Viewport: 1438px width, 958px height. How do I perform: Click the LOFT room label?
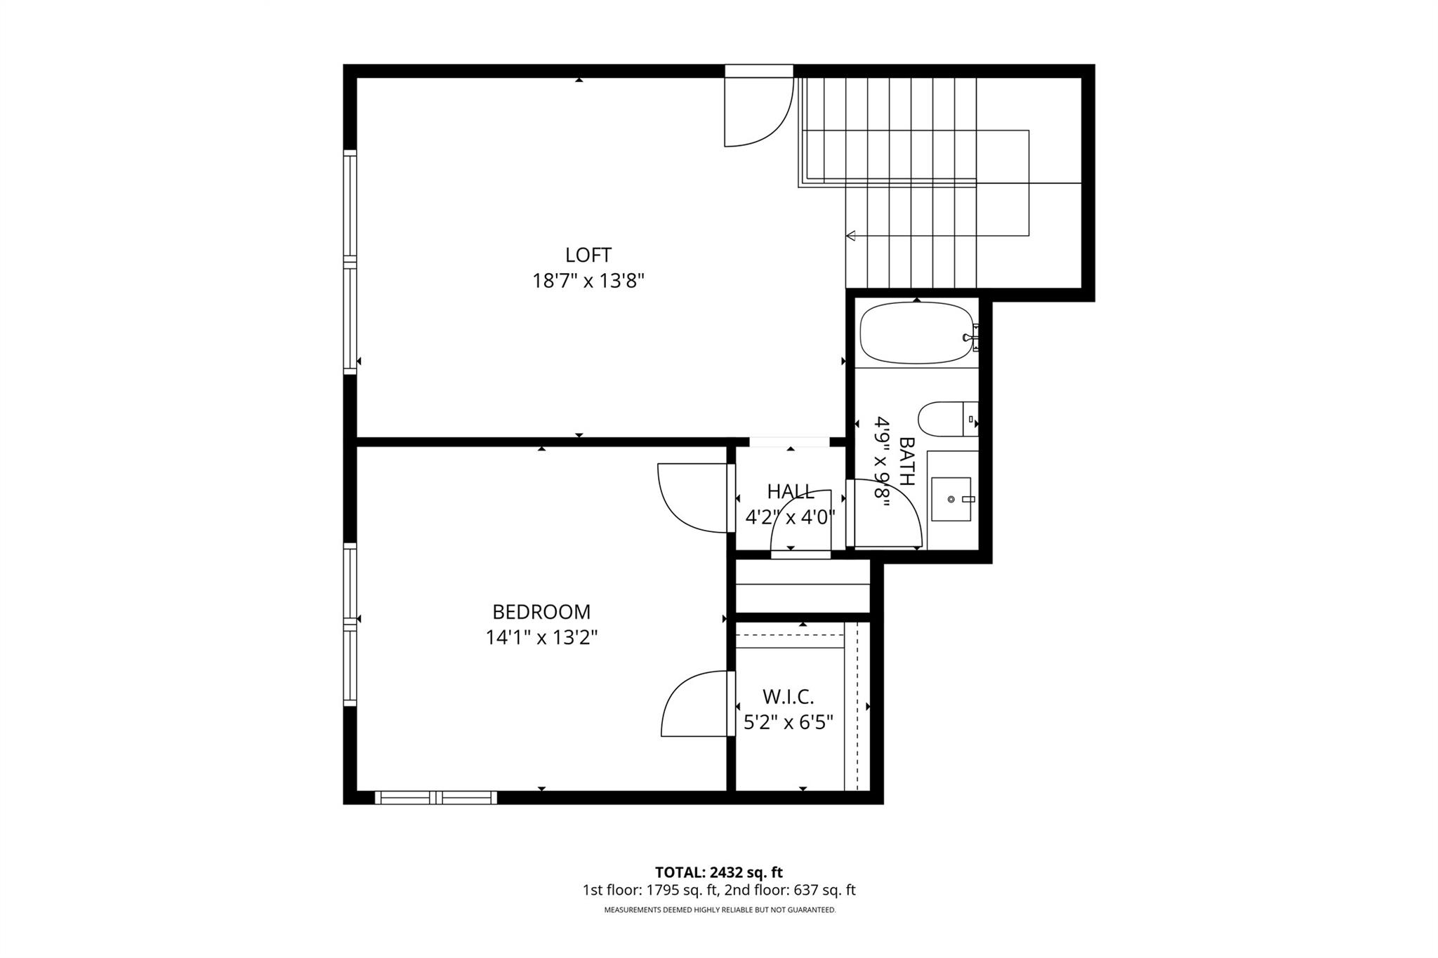click(x=588, y=255)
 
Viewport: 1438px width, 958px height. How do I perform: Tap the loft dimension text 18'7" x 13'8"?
click(x=588, y=281)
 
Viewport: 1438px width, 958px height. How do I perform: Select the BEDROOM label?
click(x=541, y=612)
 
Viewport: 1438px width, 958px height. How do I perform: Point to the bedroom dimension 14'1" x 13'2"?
click(x=541, y=638)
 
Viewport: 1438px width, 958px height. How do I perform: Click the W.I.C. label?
click(x=788, y=697)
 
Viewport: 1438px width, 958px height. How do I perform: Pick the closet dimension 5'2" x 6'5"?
click(x=788, y=722)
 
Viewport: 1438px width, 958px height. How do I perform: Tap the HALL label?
click(x=791, y=491)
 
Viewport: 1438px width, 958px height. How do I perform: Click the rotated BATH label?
click(x=906, y=462)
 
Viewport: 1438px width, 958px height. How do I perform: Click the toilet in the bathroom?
click(x=945, y=419)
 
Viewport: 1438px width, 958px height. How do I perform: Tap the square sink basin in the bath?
click(x=951, y=500)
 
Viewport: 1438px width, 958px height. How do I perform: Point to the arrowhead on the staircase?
click(x=851, y=236)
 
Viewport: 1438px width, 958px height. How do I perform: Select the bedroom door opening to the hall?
click(x=692, y=497)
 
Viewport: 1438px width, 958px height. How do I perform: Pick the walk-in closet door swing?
click(x=695, y=704)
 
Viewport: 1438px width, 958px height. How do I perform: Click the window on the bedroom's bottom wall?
click(x=435, y=797)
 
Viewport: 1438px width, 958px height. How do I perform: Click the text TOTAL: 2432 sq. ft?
click(x=718, y=872)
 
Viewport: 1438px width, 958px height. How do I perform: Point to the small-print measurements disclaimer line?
click(x=720, y=910)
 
